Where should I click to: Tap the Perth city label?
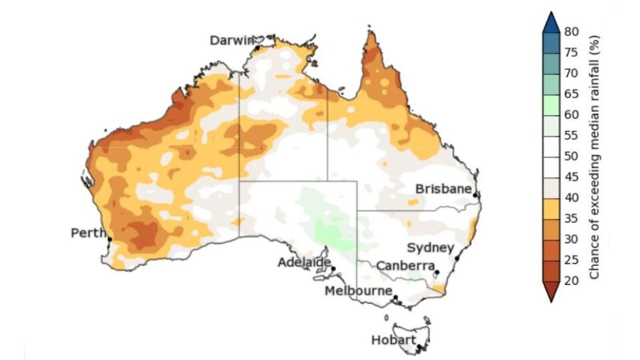coord(87,233)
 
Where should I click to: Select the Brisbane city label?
coord(444,189)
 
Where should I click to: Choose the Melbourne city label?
coord(358,291)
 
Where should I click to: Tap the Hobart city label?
coord(391,341)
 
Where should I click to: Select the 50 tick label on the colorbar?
coord(571,156)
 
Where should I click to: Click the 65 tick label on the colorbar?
coord(571,94)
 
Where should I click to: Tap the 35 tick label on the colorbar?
coord(571,218)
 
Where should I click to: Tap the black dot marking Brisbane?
coord(475,195)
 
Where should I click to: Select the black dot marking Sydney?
coord(457,258)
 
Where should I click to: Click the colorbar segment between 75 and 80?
coord(551,42)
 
